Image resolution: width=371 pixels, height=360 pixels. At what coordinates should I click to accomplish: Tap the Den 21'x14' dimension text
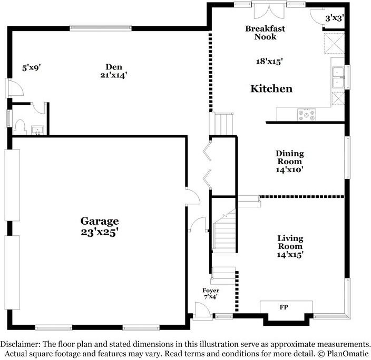coord(114,75)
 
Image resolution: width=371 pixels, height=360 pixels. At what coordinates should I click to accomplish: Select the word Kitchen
coord(271,88)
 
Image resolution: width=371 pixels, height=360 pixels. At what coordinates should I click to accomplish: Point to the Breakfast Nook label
coord(265,33)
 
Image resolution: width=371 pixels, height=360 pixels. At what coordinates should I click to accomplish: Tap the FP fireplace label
coord(284,307)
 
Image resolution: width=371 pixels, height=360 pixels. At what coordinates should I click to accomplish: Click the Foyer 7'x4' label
coord(211,294)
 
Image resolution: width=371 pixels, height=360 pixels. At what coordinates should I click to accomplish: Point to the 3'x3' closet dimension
coord(334,18)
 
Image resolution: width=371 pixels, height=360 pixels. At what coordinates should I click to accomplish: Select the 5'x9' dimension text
coord(32,68)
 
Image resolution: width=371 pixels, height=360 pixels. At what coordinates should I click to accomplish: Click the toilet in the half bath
coord(20,127)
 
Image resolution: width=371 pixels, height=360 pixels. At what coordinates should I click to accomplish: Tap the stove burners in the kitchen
coord(307,115)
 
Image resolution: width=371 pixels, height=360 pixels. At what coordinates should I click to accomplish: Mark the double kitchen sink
coord(338,77)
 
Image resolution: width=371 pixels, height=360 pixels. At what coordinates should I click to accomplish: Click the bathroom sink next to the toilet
coord(37,130)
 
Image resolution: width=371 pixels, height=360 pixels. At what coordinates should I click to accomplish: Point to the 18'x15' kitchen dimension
coord(269,62)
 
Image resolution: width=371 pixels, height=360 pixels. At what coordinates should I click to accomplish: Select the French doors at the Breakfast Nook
coord(269,11)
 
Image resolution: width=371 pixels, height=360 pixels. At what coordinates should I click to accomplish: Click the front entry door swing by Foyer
coord(202,311)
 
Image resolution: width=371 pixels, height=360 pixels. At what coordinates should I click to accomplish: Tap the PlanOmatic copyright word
coord(348,354)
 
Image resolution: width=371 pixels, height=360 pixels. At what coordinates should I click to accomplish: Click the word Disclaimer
coord(21,344)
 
